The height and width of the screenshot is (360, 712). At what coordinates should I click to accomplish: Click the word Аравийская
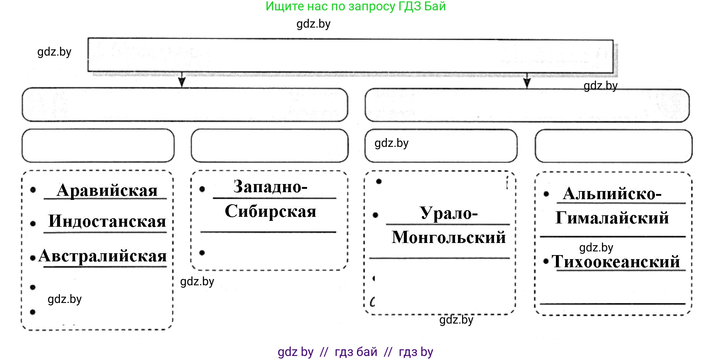point(107,190)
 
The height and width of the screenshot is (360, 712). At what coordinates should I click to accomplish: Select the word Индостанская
point(107,221)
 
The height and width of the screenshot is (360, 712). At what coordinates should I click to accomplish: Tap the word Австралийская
point(103,255)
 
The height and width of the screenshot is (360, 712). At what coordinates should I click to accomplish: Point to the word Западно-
point(270,187)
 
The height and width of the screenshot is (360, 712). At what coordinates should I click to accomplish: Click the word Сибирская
point(271,211)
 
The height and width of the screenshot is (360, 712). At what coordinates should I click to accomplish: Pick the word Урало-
point(449,213)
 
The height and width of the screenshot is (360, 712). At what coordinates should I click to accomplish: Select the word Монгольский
point(449,237)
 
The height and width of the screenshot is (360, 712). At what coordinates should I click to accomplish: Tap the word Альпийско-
point(612,194)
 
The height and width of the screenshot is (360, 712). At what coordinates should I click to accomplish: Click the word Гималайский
point(612,218)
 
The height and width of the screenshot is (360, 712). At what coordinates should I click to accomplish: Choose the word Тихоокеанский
point(616,262)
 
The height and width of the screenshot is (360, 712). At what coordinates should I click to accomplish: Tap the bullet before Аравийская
point(33,190)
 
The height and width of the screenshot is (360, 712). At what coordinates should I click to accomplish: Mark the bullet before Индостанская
point(33,223)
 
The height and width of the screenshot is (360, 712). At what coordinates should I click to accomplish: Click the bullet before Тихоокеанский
point(546,261)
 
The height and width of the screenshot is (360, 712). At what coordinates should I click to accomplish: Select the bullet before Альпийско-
point(546,194)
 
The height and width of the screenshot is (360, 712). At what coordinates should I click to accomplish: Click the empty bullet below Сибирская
point(202,253)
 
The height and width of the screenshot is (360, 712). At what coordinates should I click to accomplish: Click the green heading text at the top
point(356,6)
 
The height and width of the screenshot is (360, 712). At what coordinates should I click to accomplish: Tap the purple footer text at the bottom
point(356,352)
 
